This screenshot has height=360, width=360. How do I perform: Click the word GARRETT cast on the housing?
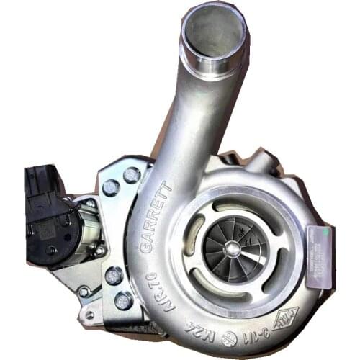[156, 215]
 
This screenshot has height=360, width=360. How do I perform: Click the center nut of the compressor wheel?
[233, 248]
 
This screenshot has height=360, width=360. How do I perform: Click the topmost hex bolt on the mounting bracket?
[132, 174]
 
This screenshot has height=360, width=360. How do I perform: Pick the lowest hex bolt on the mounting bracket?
[123, 301]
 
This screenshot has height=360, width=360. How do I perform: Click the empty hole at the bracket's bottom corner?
[91, 315]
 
